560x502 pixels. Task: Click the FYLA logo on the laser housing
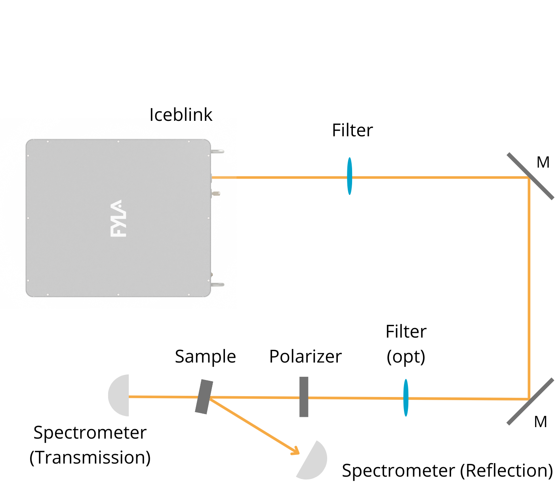[x=118, y=218]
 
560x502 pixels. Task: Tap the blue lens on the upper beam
[x=349, y=176]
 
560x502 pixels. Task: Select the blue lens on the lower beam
[x=406, y=397]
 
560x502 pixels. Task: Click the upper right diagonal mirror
[x=530, y=176]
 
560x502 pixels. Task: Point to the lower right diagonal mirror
[x=530, y=401]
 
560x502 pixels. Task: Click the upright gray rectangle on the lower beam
[x=304, y=397]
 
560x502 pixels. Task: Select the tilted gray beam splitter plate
[x=204, y=397]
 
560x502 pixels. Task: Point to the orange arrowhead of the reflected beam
[x=296, y=451]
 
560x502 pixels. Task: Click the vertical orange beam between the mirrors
[x=529, y=287]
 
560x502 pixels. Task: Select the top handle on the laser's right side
[x=218, y=151]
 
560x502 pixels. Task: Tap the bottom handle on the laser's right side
[x=218, y=284]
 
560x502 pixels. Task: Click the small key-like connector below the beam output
[x=216, y=193]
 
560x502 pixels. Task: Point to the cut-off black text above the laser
[x=181, y=118]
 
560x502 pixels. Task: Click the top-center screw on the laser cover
[x=118, y=141]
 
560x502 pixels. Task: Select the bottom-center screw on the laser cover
[x=118, y=294]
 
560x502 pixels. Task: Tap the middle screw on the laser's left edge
[x=28, y=218]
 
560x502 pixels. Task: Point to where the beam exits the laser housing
[x=213, y=178]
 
